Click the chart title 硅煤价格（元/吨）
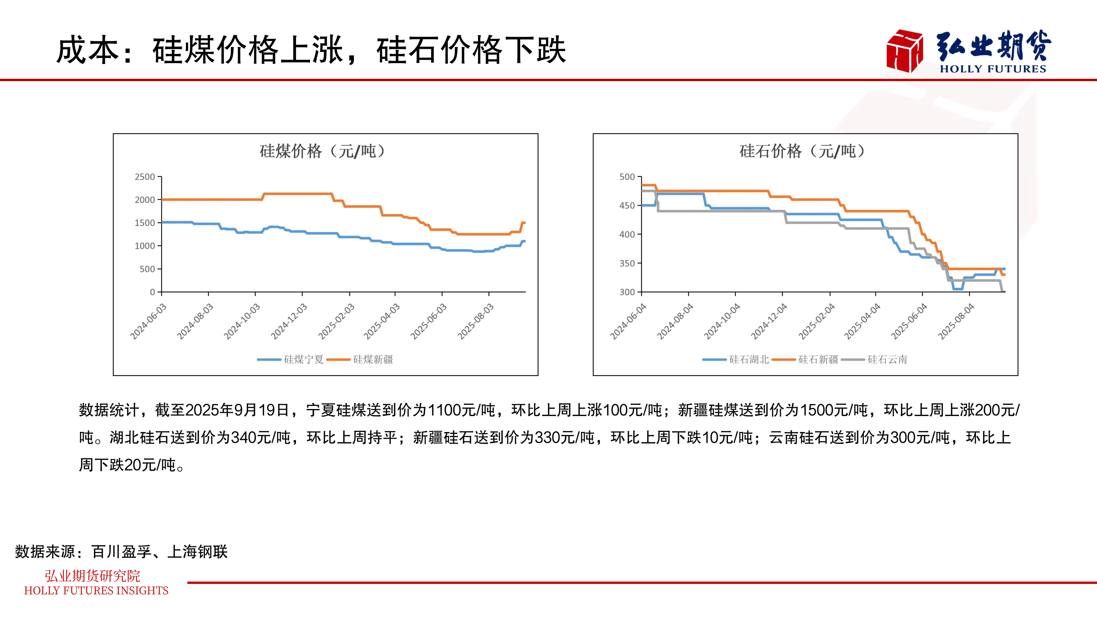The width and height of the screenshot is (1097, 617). point(322,151)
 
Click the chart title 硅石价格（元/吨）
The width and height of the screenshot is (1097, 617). point(802,151)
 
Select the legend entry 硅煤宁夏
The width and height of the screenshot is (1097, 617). point(303,360)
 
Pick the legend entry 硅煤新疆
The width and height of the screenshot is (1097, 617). point(373,360)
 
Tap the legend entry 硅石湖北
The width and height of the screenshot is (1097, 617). point(748,360)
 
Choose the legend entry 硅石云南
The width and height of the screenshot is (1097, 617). point(887,360)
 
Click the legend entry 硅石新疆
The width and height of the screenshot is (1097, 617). point(818,360)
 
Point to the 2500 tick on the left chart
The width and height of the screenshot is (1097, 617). point(145,177)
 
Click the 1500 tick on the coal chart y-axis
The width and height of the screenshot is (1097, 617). point(145,223)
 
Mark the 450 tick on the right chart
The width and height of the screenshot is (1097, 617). point(627,206)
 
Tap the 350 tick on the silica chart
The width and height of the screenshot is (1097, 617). point(627,263)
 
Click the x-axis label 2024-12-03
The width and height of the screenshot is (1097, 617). point(289,321)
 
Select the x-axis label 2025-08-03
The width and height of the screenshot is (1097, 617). point(476,321)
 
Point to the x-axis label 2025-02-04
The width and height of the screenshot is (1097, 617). point(817,321)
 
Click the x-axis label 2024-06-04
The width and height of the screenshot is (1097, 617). point(628,321)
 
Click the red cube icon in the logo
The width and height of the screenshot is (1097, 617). point(905,51)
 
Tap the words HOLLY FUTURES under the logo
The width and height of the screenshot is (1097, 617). point(993,69)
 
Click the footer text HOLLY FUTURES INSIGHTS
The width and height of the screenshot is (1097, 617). point(96,591)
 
